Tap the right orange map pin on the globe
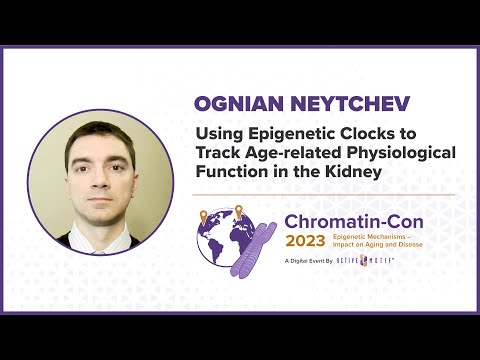pyautogui.click(x=239, y=212)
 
